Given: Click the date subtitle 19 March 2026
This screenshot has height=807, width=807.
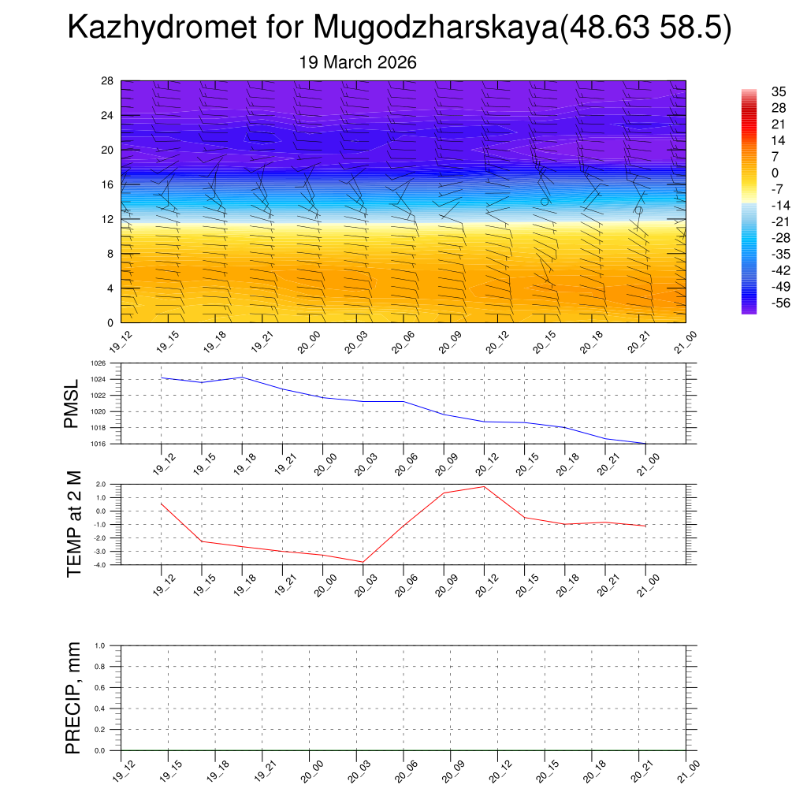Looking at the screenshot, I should tap(358, 62).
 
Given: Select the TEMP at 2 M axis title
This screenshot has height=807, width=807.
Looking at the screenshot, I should tap(74, 524).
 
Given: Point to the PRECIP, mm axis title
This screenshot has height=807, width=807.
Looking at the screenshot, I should tap(73, 698).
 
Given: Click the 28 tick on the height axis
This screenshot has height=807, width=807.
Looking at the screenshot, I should tap(108, 81).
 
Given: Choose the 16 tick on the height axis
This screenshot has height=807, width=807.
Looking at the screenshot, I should tap(108, 184).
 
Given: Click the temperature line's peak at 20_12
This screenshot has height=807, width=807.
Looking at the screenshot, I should tap(485, 486).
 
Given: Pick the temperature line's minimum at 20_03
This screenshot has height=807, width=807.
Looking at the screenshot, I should tap(363, 562).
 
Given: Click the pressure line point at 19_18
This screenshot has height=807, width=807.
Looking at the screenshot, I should tap(242, 377).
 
